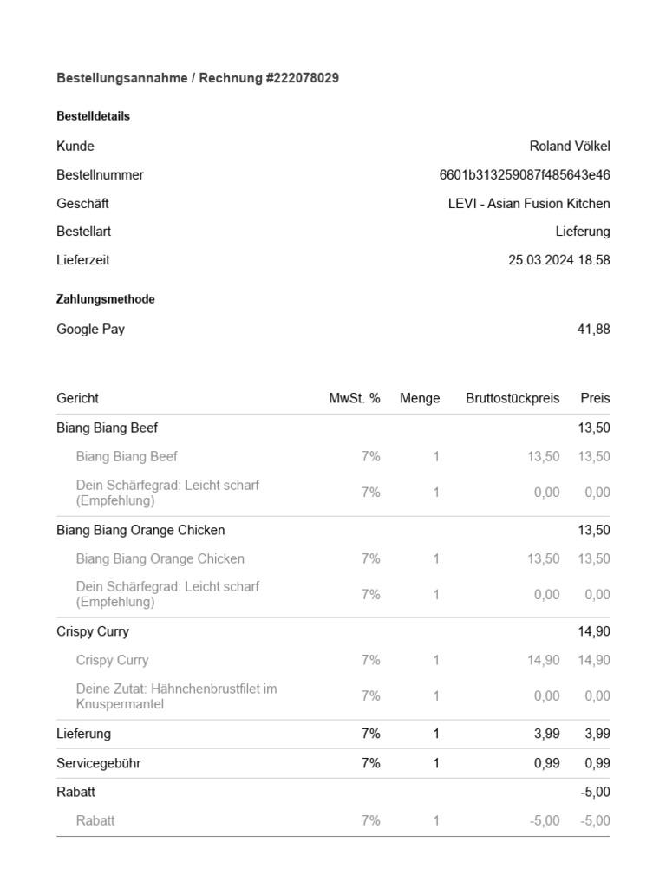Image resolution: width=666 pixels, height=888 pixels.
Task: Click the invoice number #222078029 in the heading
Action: (x=302, y=78)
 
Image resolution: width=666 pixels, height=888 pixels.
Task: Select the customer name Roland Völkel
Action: (x=570, y=146)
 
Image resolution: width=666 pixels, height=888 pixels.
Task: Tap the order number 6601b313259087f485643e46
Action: (x=525, y=174)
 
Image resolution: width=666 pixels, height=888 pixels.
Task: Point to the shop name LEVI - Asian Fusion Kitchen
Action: (x=529, y=203)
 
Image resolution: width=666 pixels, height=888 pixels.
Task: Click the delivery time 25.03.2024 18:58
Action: (x=559, y=259)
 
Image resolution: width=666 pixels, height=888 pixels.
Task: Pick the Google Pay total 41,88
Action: (x=594, y=329)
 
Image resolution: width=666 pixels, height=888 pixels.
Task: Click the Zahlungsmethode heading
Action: (x=106, y=299)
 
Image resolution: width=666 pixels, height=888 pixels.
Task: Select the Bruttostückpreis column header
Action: (x=513, y=398)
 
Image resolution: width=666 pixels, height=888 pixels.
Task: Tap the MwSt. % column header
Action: (x=355, y=398)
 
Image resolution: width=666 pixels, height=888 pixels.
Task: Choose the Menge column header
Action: (x=420, y=398)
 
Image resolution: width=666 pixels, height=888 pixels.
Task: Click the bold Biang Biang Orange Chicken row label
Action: (x=140, y=530)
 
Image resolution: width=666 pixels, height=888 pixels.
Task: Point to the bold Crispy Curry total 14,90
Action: (x=594, y=631)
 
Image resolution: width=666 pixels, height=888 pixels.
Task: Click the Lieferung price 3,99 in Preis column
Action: (x=597, y=734)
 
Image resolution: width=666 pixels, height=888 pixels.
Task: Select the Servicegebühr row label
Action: (x=99, y=763)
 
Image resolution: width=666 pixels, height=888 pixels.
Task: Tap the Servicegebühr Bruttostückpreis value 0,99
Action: (x=547, y=763)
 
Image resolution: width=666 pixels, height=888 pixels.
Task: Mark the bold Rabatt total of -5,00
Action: (x=594, y=792)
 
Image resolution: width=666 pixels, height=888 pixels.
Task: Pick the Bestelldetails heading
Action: (x=94, y=116)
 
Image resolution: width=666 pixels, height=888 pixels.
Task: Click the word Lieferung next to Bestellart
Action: (x=583, y=232)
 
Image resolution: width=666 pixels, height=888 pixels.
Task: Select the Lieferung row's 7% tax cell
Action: (x=370, y=734)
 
